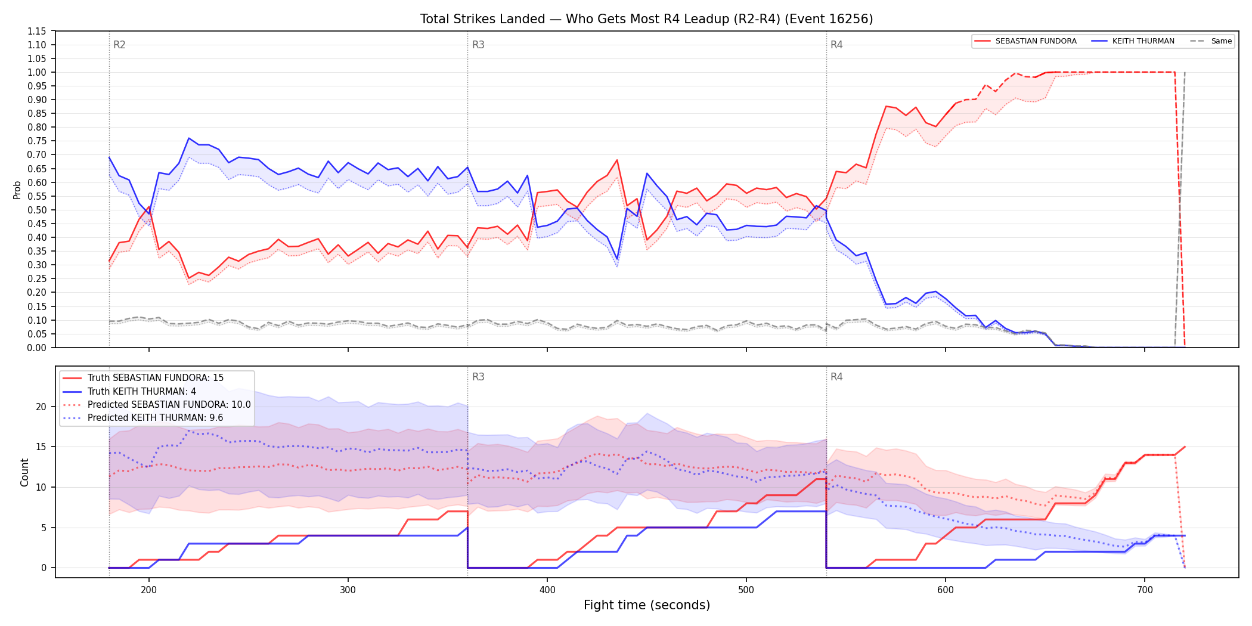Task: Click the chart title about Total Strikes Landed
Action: coord(646,19)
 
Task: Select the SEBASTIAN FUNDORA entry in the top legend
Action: coord(1026,41)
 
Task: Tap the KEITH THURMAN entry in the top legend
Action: coord(1133,41)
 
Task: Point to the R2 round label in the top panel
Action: coord(119,45)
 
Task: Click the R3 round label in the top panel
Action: coord(478,45)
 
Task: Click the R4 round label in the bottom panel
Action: coord(836,377)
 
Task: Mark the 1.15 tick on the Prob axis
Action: coord(36,31)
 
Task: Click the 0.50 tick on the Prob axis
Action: coord(36,210)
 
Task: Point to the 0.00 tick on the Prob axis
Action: coord(36,348)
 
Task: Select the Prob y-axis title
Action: coord(17,190)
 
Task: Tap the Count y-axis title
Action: coord(24,472)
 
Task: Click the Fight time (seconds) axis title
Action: coord(647,605)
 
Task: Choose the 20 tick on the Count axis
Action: coord(41,407)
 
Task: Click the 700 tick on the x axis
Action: coord(1145,590)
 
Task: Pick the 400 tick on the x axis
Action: coord(547,590)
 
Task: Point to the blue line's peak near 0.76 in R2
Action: coord(188,138)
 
